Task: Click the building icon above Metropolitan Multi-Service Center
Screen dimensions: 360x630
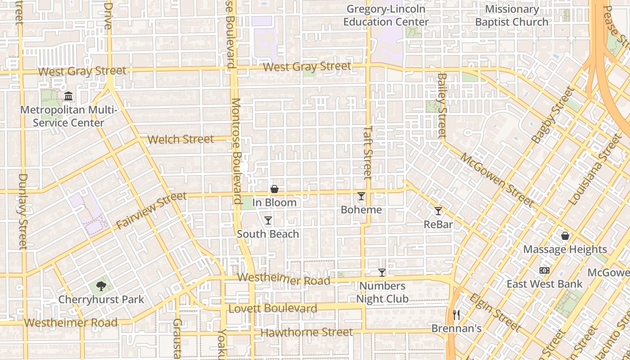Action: point(68,96)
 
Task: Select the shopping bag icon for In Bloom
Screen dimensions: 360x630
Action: point(274,189)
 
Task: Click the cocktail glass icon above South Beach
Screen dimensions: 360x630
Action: point(268,220)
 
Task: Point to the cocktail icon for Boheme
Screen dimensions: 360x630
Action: point(361,196)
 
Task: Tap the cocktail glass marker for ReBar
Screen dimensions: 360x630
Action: point(438,211)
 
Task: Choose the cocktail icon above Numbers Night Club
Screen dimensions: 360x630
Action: point(382,272)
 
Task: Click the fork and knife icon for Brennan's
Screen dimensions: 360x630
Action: point(456,315)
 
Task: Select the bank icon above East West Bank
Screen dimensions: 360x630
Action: point(544,270)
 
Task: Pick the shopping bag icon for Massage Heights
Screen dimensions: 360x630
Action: point(565,236)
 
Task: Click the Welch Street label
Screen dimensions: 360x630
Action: point(180,139)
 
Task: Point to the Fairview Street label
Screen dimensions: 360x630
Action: point(151,210)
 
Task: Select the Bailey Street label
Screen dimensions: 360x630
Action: point(441,105)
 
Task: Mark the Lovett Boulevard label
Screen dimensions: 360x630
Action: point(273,309)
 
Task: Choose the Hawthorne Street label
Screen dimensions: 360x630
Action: point(307,333)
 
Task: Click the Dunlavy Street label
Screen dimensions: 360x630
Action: point(23,211)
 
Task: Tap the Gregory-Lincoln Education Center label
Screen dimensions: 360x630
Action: point(386,15)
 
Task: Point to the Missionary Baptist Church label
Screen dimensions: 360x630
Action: point(512,15)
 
